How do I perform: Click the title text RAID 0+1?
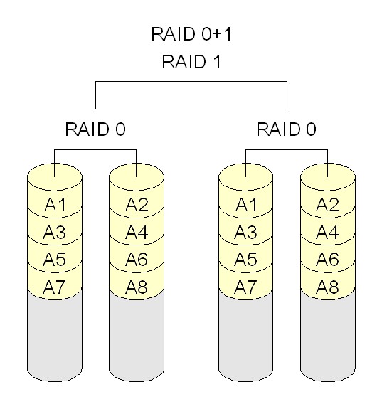coord(191,34)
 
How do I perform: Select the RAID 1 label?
coord(191,62)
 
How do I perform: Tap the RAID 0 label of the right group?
coord(287,129)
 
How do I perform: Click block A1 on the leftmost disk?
coord(54,206)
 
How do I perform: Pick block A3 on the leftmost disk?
coord(54,233)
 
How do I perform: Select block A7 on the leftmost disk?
coord(54,287)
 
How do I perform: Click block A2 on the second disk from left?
coord(137,206)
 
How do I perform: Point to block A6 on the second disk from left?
coord(137,260)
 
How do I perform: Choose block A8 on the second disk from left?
coord(137,287)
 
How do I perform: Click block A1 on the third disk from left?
coord(246,206)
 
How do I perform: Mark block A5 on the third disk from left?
coord(246,260)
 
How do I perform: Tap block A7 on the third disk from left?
coord(246,287)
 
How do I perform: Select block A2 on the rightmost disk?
coord(328,206)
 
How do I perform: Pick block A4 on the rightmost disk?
coord(328,233)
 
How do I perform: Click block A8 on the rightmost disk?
coord(328,287)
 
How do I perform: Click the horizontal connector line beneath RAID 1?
coord(191,82)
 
